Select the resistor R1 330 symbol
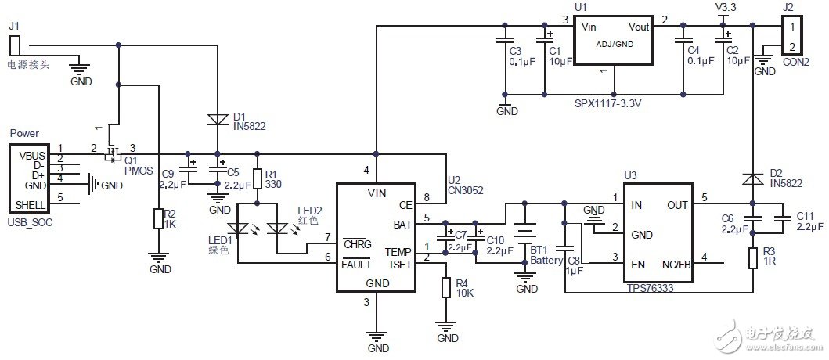pos(257,179)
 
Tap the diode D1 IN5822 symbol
pos(217,119)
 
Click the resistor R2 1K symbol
pos(159,219)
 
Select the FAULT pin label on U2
pos(357,264)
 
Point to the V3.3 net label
pos(726,7)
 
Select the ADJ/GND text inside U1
pos(614,45)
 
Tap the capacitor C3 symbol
pos(506,40)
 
